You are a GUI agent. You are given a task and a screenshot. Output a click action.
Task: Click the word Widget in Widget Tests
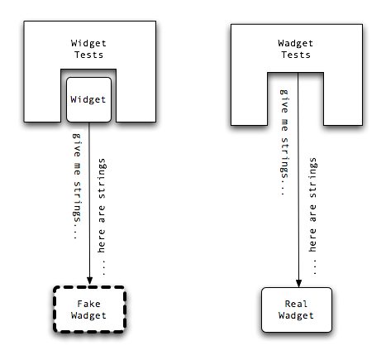pyautogui.click(x=88, y=43)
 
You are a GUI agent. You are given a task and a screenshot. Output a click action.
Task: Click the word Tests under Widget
pyautogui.click(x=88, y=55)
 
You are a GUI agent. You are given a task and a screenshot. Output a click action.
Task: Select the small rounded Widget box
pyautogui.click(x=88, y=99)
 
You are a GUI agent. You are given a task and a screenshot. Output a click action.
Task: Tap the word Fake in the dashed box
pyautogui.click(x=88, y=304)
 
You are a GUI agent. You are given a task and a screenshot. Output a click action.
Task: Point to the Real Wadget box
pyautogui.click(x=297, y=310)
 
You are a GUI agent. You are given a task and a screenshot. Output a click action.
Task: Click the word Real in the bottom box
pyautogui.click(x=296, y=304)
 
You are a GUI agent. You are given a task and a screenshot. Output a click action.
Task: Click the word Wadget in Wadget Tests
pyautogui.click(x=295, y=43)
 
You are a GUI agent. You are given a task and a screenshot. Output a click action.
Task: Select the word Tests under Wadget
pyautogui.click(x=296, y=55)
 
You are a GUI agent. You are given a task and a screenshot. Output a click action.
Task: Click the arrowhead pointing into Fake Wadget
pyautogui.click(x=89, y=281)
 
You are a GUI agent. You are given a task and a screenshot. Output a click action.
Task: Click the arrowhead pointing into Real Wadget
pyautogui.click(x=298, y=283)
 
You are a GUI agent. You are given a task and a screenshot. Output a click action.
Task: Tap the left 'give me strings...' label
pyautogui.click(x=77, y=186)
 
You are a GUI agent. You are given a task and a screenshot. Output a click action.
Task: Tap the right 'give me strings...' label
pyautogui.click(x=284, y=142)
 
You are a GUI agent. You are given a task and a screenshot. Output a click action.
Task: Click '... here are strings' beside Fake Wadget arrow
pyautogui.click(x=102, y=217)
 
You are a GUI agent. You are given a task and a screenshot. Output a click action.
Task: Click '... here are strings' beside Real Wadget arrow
pyautogui.click(x=312, y=216)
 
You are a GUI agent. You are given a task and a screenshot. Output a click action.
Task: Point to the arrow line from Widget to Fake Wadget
pyautogui.click(x=89, y=204)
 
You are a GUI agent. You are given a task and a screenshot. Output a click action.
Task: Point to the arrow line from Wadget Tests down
pyautogui.click(x=298, y=180)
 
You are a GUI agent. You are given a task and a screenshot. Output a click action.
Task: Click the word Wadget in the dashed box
pyautogui.click(x=88, y=315)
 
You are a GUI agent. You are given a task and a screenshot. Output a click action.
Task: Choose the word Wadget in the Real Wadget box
pyautogui.click(x=296, y=315)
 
